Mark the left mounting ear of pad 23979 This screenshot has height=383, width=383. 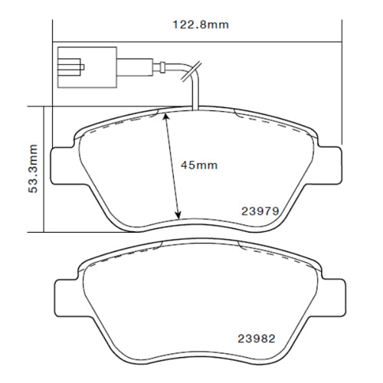(x=61, y=164)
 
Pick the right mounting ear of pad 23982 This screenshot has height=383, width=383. (x=328, y=292)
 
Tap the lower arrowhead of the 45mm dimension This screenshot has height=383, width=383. (x=179, y=215)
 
